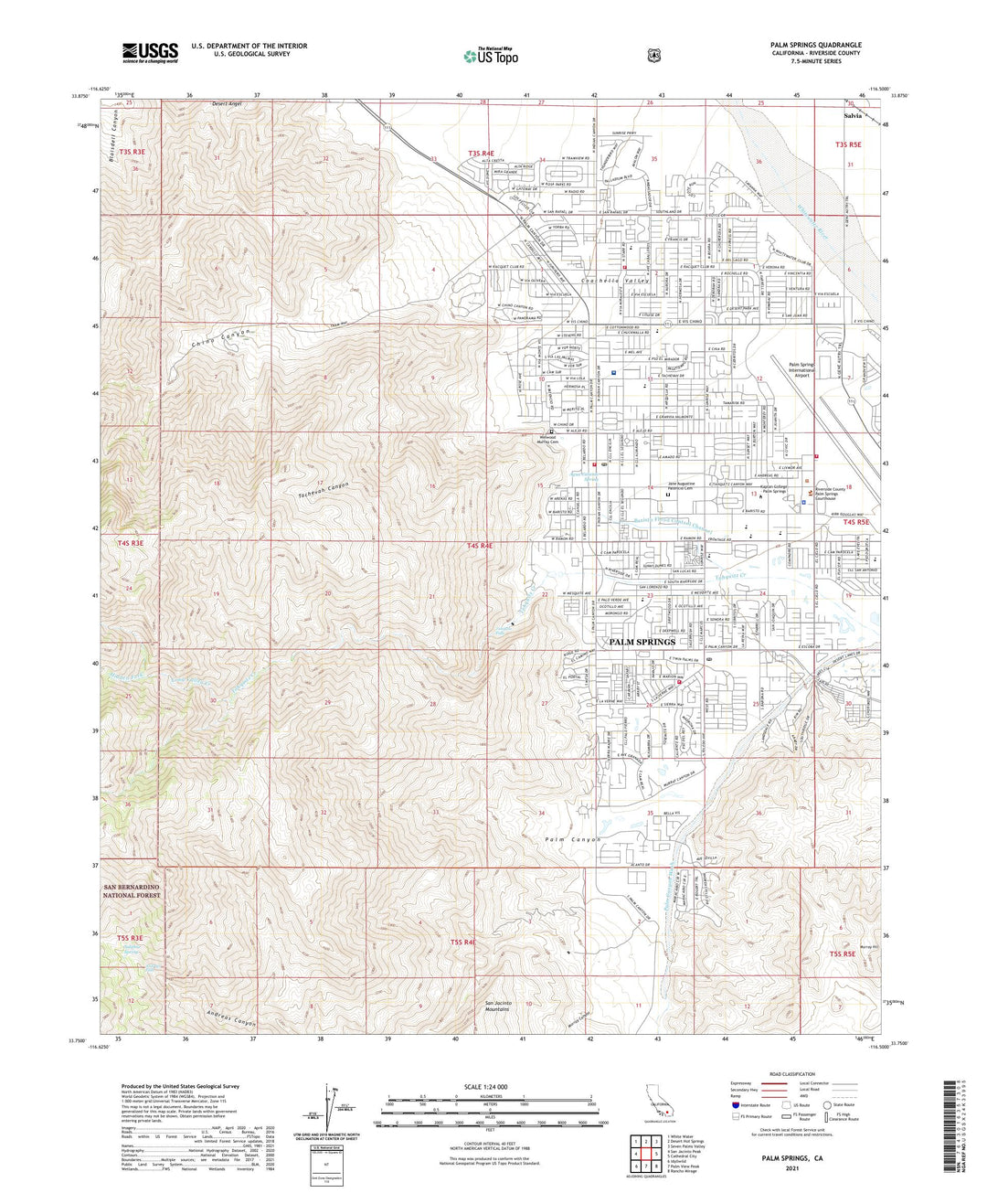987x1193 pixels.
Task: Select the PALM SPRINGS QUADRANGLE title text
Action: tap(815, 45)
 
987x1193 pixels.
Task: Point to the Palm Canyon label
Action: tap(573, 839)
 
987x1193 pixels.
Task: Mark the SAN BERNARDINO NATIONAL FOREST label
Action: tap(133, 891)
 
